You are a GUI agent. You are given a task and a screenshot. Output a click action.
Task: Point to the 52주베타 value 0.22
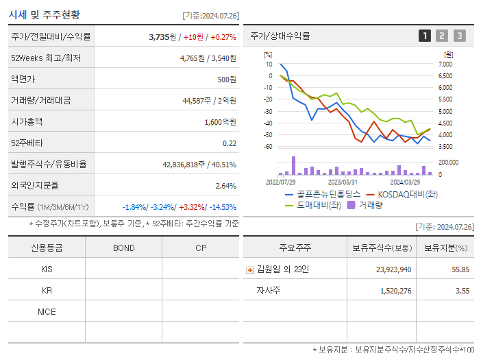pyautogui.click(x=229, y=143)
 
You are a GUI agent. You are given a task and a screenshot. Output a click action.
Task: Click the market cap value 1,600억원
pyautogui.click(x=221, y=121)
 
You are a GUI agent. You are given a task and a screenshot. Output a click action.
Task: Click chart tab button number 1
pyautogui.click(x=425, y=36)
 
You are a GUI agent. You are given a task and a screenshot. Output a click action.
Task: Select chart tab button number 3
pyautogui.click(x=459, y=36)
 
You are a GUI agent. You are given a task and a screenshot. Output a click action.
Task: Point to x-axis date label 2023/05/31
pyautogui.click(x=343, y=182)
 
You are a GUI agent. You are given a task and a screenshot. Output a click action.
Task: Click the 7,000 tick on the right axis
pyautogui.click(x=445, y=64)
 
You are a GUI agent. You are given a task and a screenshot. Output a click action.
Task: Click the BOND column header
pyautogui.click(x=123, y=248)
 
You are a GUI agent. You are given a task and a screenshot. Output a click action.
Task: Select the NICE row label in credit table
pyautogui.click(x=47, y=311)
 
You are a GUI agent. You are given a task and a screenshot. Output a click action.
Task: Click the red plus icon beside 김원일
pyautogui.click(x=250, y=269)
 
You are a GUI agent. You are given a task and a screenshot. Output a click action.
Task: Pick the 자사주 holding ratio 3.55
pyautogui.click(x=461, y=291)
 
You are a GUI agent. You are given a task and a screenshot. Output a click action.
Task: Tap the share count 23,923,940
pyautogui.click(x=393, y=269)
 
